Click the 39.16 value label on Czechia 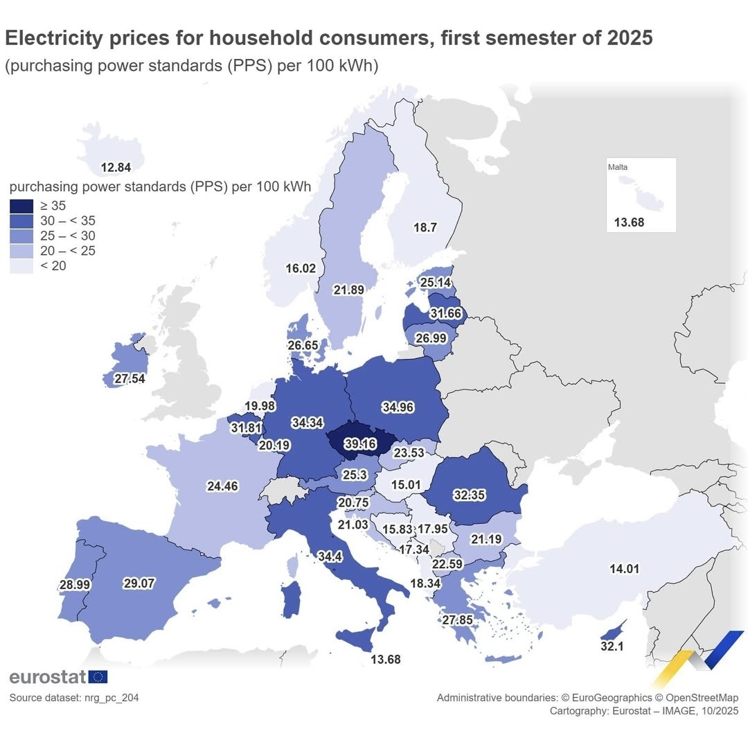(x=359, y=443)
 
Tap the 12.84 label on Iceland (x=115, y=167)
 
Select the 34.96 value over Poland (x=398, y=407)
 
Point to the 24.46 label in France (x=222, y=486)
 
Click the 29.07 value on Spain (x=139, y=583)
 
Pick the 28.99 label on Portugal (x=75, y=585)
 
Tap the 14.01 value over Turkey (x=624, y=569)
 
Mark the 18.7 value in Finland (x=425, y=227)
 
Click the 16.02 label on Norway (x=301, y=268)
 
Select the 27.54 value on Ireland (x=130, y=380)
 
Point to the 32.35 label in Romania (x=470, y=495)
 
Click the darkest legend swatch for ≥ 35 (x=21, y=206)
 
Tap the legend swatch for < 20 (x=21, y=266)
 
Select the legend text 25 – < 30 (x=69, y=236)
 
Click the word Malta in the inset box (x=618, y=167)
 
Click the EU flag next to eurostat (x=98, y=677)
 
